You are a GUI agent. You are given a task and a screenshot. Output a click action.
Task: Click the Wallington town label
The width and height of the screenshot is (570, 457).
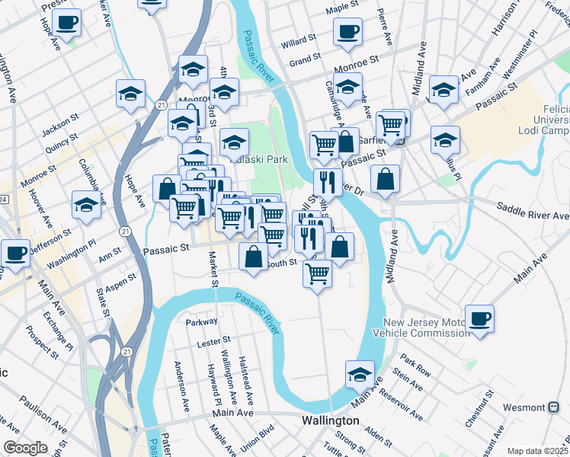coord(330,420)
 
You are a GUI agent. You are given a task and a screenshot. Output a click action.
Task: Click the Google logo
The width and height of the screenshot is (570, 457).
coord(25,448)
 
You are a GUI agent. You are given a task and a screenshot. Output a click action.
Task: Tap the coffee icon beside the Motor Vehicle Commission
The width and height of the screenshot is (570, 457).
coord(479,318)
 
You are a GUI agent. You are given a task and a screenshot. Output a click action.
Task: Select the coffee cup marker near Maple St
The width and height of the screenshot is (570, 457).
coord(347,32)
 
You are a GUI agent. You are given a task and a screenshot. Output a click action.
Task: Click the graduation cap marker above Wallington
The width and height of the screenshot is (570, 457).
coord(360,373)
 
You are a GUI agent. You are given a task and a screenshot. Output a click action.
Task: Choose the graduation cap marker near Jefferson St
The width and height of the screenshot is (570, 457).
coord(86,203)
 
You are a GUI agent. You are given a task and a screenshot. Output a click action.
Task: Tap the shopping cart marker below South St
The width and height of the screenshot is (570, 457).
coord(317,272)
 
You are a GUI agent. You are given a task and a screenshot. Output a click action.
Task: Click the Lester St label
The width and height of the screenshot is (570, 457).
coord(213,342)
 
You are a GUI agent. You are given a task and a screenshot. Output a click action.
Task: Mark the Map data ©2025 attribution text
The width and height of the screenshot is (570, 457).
coord(537,451)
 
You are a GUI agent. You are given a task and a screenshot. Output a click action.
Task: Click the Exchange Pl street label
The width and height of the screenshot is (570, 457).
coord(58,331)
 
